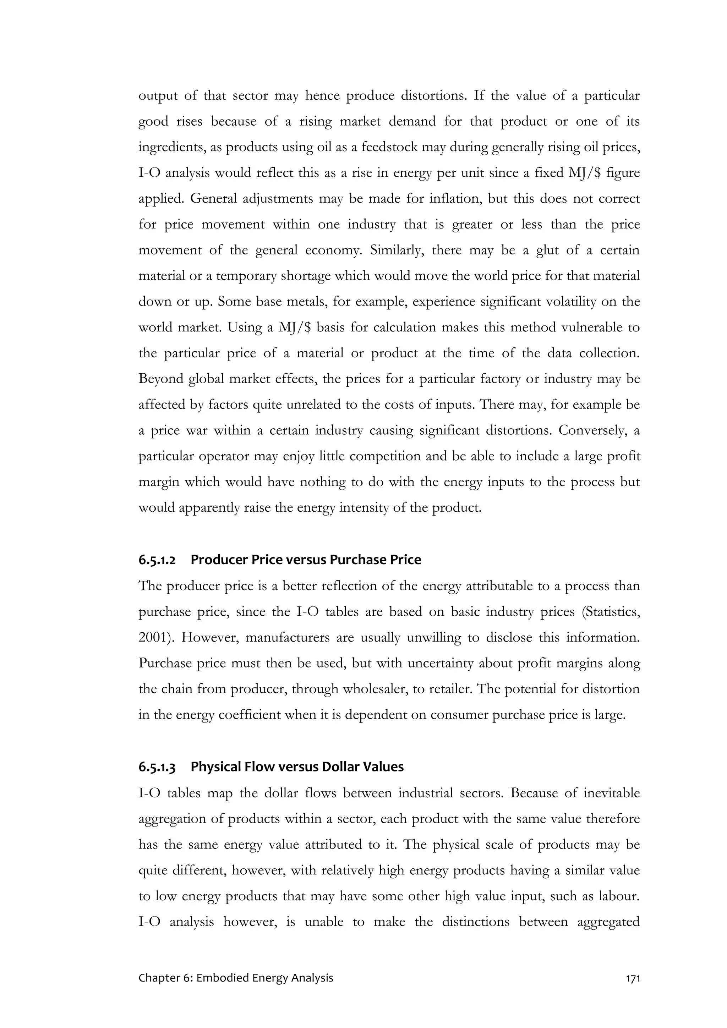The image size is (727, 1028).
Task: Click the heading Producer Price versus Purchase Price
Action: tap(306, 560)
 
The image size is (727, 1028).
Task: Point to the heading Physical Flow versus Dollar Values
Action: tap(297, 766)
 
